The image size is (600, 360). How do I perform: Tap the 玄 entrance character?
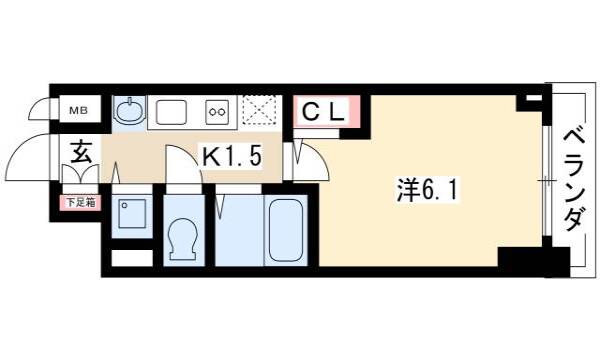click(x=82, y=151)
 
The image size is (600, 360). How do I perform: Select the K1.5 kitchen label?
click(x=232, y=156)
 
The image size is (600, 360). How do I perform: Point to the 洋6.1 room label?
click(x=427, y=191)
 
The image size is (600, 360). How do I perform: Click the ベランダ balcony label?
click(x=575, y=180)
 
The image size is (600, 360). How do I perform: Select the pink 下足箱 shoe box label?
click(x=80, y=202)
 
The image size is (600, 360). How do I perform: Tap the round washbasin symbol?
click(x=130, y=111)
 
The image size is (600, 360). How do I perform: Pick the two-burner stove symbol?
click(x=217, y=112)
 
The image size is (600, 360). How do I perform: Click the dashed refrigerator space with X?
click(x=260, y=111)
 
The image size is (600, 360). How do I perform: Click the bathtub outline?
click(x=286, y=230)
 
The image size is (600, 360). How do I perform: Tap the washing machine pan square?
click(x=132, y=213)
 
